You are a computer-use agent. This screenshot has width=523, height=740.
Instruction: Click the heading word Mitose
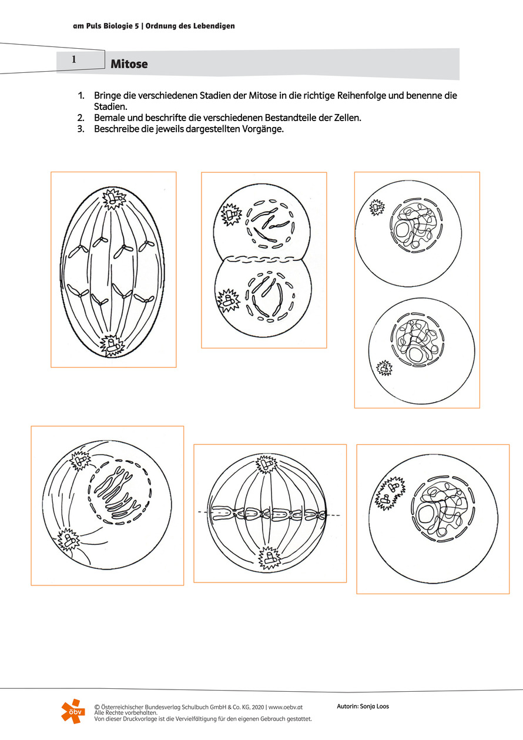point(129,64)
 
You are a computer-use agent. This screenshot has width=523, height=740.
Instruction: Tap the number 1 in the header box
point(74,59)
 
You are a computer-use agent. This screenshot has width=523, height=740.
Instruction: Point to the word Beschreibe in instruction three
point(116,129)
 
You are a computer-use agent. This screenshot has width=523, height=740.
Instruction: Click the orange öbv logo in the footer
point(73,711)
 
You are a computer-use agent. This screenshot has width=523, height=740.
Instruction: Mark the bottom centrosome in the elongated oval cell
point(110,343)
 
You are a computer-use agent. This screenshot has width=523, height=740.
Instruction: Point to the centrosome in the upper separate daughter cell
point(376,207)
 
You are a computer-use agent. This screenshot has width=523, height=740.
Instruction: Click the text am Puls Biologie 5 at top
point(109,26)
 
